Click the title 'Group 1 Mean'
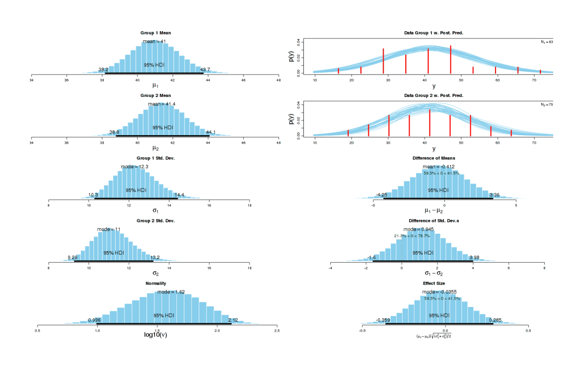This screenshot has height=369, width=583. point(155,33)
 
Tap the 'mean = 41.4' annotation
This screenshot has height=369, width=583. point(161,104)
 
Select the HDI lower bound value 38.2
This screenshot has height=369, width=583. point(103,70)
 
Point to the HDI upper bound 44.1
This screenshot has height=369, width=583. point(211,132)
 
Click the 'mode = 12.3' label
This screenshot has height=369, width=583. point(134,167)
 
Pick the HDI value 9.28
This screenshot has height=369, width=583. point(73,258)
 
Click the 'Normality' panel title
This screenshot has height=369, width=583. point(155,283)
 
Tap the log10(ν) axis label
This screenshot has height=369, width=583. point(155,334)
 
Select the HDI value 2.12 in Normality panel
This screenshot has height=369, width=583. point(233,320)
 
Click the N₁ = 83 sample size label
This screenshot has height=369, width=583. point(547,42)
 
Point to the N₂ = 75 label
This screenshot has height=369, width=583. point(547,104)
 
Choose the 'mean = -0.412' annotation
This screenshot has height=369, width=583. point(438,167)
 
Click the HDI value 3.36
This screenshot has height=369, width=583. point(495,195)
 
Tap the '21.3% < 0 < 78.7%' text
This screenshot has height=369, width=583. point(412,236)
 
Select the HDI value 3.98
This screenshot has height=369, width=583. point(474,258)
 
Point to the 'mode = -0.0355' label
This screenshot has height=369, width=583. point(438,292)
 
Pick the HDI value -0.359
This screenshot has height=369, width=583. point(382,320)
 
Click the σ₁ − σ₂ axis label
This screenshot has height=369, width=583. point(434,273)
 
